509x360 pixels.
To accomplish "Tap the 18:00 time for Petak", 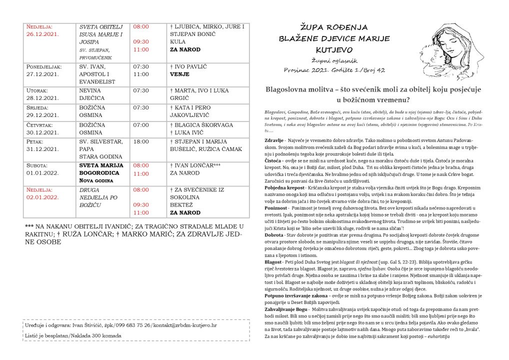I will point(141,142).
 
